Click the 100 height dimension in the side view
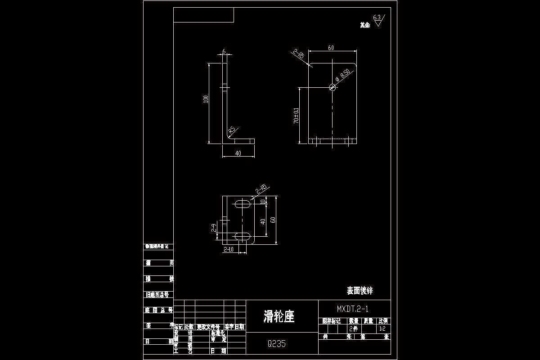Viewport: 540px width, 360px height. tap(206, 99)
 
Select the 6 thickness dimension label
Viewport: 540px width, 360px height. tap(224, 51)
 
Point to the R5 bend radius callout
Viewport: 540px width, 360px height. tap(232, 130)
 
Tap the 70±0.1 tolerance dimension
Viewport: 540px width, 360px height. tap(296, 116)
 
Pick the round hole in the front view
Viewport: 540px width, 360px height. tap(333, 87)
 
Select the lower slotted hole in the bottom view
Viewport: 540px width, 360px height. tap(243, 236)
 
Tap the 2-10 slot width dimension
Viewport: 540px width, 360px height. tap(228, 249)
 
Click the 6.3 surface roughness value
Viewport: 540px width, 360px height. tap(377, 18)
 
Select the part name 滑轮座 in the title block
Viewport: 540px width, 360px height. tap(279, 316)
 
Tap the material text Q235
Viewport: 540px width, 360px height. tap(276, 344)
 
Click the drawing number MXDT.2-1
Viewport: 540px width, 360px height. tap(353, 309)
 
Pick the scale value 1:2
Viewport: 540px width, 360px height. tap(382, 329)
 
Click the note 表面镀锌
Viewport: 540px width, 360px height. tap(360, 291)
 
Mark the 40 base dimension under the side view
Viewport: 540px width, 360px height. tap(238, 153)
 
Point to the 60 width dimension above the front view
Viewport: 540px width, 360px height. tap(331, 48)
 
